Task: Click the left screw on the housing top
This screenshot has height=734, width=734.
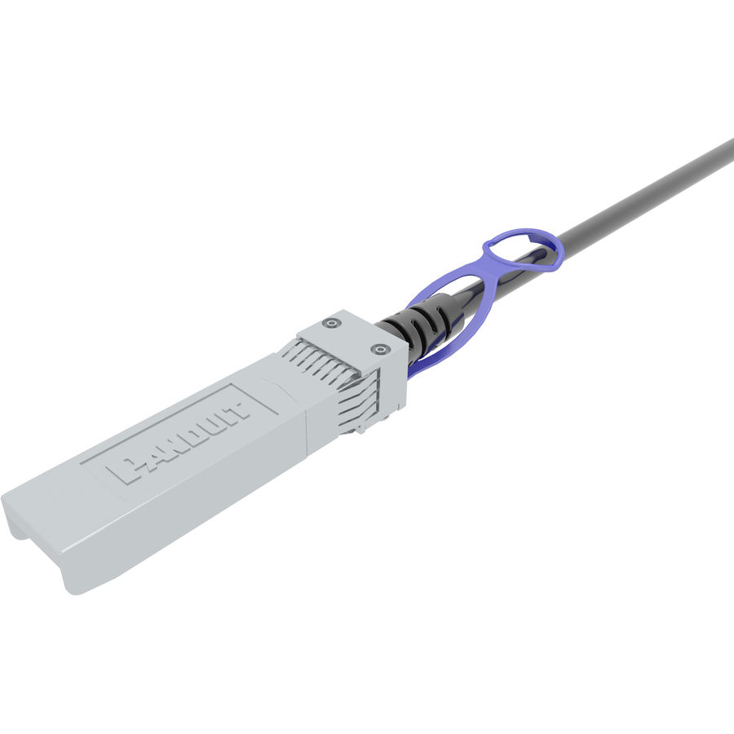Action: point(332,323)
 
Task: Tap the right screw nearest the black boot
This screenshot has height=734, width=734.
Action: point(379,349)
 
